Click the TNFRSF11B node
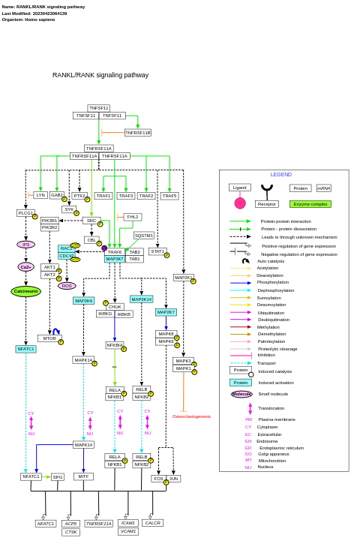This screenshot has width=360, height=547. [138, 133]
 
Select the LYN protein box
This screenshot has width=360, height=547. [40, 195]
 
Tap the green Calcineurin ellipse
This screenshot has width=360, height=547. [25, 291]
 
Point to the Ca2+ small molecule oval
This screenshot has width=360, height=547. [25, 267]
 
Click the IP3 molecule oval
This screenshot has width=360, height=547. [25, 245]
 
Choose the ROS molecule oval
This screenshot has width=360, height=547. [67, 286]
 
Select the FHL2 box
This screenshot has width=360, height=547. [133, 217]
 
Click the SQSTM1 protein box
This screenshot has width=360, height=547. [144, 236]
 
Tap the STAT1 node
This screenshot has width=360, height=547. [157, 251]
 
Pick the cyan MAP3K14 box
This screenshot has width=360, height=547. [141, 299]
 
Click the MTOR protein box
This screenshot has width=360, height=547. [49, 338]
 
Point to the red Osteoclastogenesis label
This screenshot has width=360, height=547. [191, 416]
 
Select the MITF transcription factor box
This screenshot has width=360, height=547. [83, 476]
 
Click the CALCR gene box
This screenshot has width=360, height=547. [152, 523]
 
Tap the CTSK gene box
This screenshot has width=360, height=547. [71, 532]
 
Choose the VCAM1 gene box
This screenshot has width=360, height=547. [127, 531]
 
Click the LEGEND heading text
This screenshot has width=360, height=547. [281, 175]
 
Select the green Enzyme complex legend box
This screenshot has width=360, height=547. [310, 204]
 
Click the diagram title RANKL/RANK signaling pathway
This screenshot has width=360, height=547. [100, 75]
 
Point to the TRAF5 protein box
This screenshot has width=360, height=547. [169, 196]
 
